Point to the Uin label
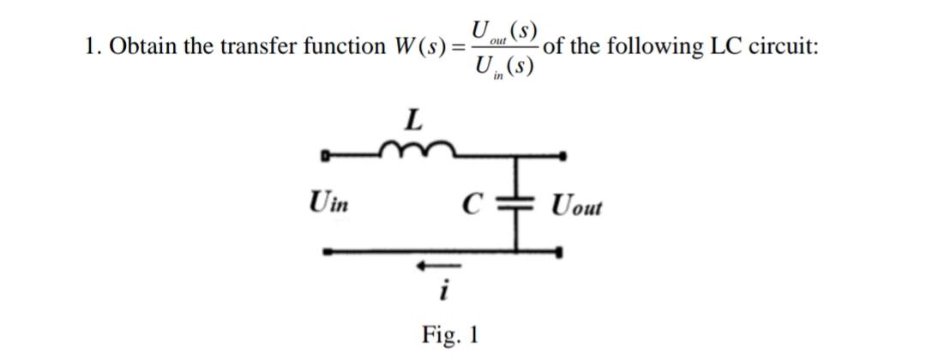(x=329, y=206)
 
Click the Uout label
(x=577, y=207)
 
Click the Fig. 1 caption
(x=450, y=333)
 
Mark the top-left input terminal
(x=326, y=157)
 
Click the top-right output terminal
(x=562, y=157)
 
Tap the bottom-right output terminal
(x=562, y=252)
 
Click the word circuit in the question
(x=785, y=45)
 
